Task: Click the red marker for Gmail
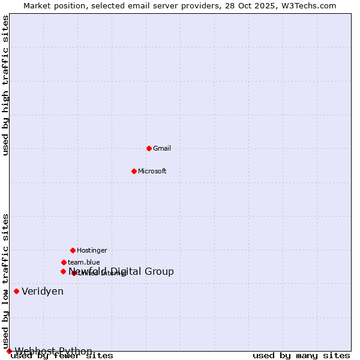pos(149,148)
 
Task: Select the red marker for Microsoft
pos(134,171)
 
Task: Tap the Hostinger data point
pos(73,250)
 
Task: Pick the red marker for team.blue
pos(64,262)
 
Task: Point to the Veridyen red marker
pos(16,292)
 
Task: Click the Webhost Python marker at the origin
pos(9,351)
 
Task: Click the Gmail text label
pos(162,148)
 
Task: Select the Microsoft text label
pos(152,171)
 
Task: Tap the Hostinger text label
pos(92,250)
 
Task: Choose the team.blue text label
pos(84,262)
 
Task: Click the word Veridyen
pos(43,292)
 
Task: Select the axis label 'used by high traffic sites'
pos(6,86)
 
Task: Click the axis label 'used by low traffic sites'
pos(6,281)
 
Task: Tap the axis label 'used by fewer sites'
pos(62,356)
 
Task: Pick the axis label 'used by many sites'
pos(301,356)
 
